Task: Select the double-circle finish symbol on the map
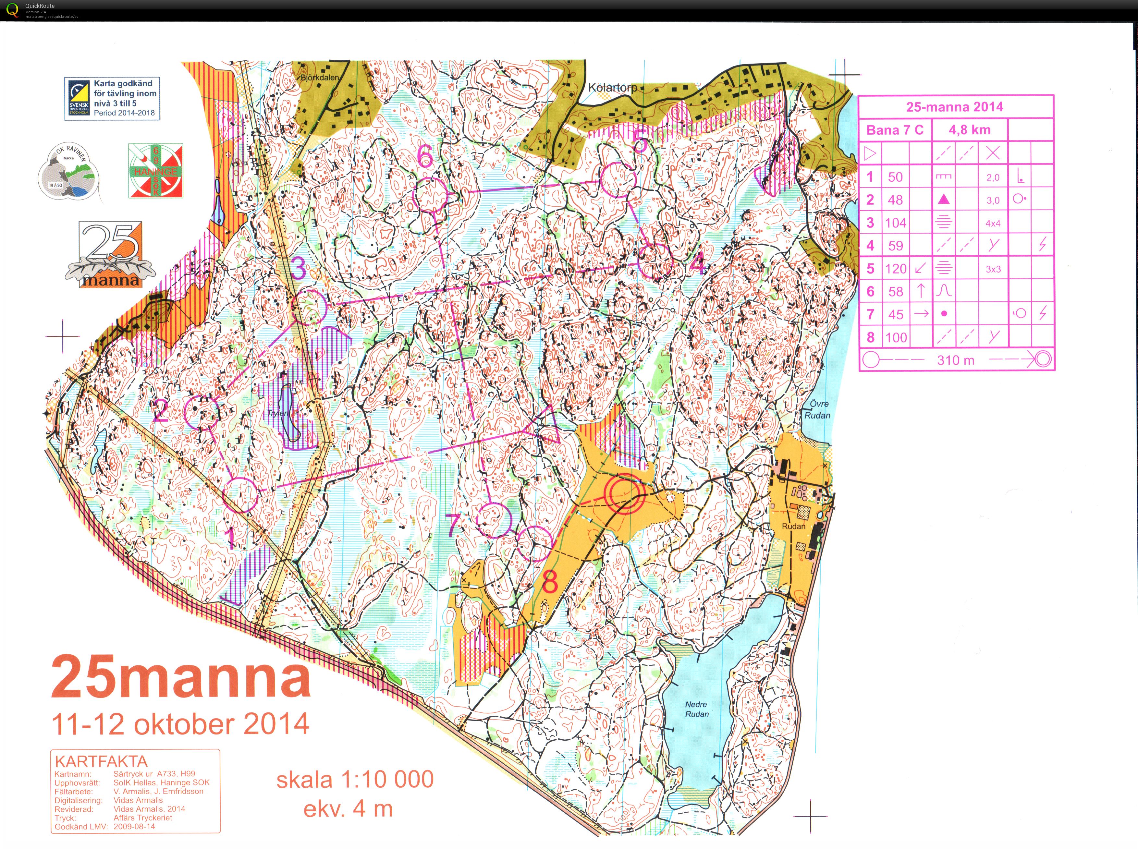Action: click(x=624, y=493)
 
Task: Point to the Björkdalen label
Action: click(x=320, y=78)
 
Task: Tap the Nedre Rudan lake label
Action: click(x=696, y=709)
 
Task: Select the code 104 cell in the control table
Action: click(x=895, y=223)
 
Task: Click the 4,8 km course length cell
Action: click(x=969, y=130)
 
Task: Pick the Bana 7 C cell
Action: click(x=895, y=130)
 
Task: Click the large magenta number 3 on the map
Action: click(x=299, y=268)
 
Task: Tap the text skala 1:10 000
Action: click(x=355, y=780)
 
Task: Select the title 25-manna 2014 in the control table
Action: click(x=955, y=107)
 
